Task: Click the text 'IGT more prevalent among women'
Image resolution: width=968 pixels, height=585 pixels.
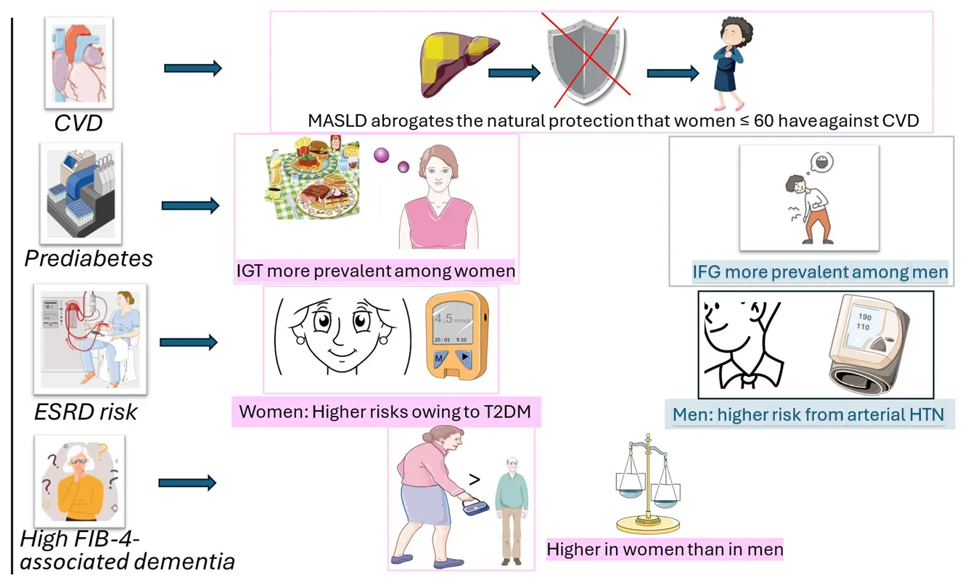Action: (376, 271)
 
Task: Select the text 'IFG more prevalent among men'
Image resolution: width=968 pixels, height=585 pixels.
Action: (820, 272)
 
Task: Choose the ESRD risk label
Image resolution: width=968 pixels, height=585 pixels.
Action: (86, 412)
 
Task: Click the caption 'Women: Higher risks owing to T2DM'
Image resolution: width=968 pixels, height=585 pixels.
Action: (385, 412)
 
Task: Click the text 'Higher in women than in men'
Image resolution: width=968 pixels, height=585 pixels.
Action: (665, 549)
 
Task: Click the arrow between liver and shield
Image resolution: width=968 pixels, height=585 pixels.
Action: (514, 73)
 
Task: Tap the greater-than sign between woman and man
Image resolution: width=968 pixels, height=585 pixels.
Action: (475, 480)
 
